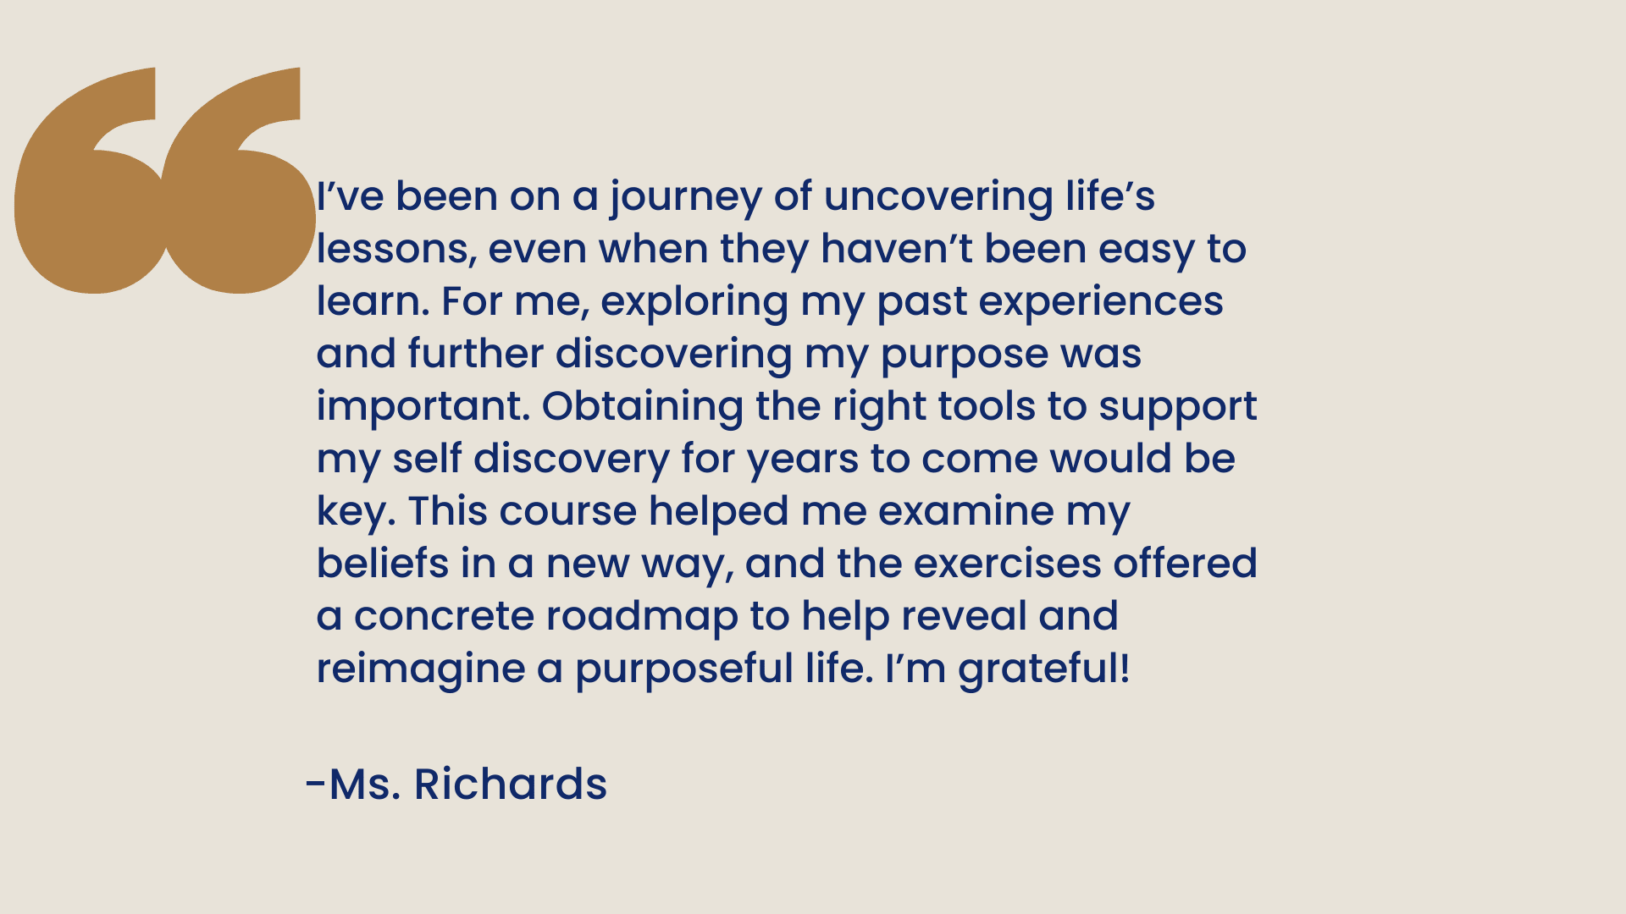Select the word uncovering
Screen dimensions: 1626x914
pyautogui.click(x=938, y=198)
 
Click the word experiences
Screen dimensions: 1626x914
pyautogui.click(x=1101, y=303)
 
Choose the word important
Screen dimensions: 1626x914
pyautogui.click(x=423, y=406)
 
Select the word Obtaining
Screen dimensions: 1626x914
pyautogui.click(x=643, y=408)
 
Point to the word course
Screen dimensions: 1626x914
pyautogui.click(x=567, y=513)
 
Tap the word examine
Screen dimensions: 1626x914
pyautogui.click(x=966, y=511)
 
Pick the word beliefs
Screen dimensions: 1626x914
pyautogui.click(x=383, y=564)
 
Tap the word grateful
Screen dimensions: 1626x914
pyautogui.click(x=1038, y=670)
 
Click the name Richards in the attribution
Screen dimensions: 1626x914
pyautogui.click(x=510, y=785)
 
